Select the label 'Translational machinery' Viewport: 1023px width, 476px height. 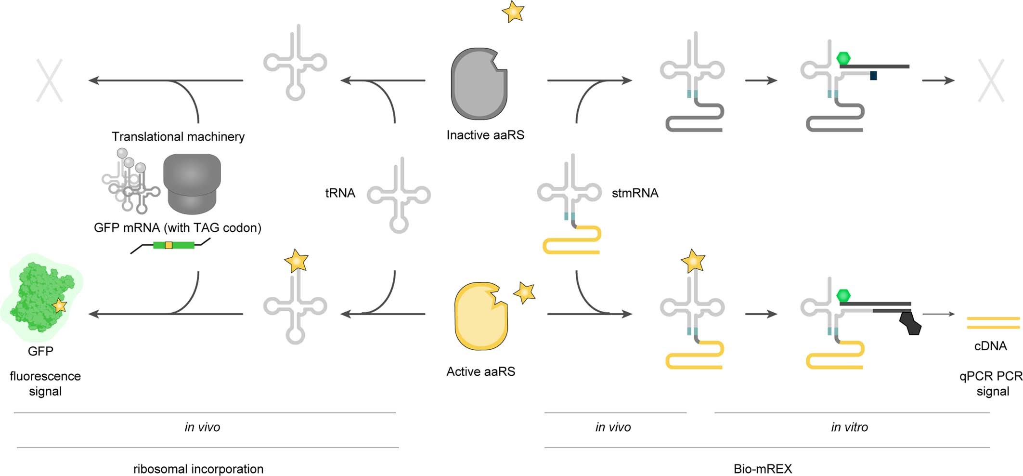(x=178, y=137)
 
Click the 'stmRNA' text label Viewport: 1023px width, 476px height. (x=635, y=193)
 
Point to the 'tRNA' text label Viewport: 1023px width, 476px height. (x=340, y=193)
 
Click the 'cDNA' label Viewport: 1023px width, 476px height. (x=990, y=346)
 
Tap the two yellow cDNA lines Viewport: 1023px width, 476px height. (x=993, y=323)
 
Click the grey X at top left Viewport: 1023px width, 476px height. (x=50, y=80)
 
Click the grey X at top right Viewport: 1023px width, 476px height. (x=991, y=80)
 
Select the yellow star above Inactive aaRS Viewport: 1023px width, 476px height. (x=513, y=12)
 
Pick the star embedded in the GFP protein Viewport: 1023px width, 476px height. (x=59, y=305)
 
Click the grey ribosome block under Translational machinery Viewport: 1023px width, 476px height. (x=192, y=184)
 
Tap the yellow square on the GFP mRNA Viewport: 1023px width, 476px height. (x=168, y=245)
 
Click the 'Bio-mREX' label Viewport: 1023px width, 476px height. (x=763, y=469)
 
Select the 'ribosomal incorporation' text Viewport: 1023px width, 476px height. (x=198, y=469)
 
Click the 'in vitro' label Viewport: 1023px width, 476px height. (x=849, y=427)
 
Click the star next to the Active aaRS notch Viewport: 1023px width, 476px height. (x=524, y=292)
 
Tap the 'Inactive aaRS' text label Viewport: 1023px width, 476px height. (x=485, y=135)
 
